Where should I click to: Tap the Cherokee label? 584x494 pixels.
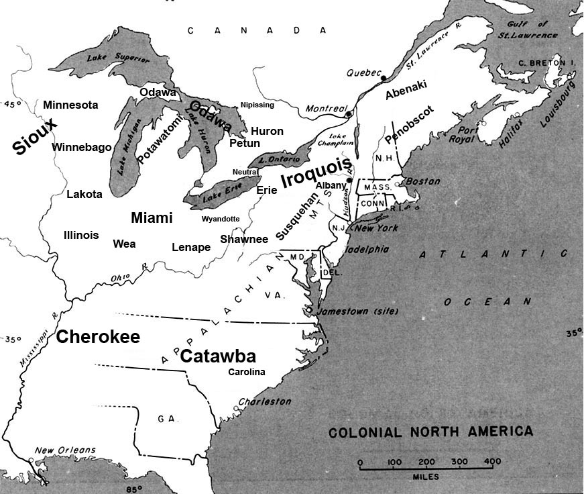(98, 337)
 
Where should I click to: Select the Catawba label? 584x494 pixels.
(218, 356)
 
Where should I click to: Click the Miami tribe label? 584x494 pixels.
(152, 218)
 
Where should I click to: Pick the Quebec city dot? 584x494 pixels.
(383, 79)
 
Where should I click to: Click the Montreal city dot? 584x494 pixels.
(349, 114)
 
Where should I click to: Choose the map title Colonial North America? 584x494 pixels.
(430, 432)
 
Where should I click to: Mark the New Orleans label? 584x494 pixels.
(65, 450)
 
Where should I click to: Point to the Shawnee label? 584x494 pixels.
(244, 239)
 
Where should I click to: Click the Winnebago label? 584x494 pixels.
(82, 147)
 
